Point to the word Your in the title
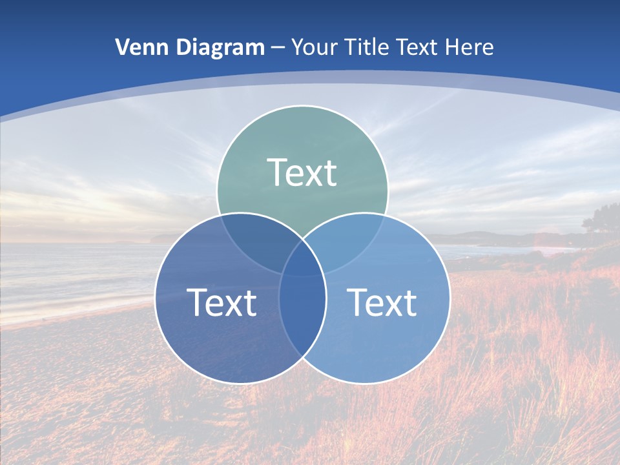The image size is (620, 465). pos(314,47)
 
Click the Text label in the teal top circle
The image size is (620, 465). pos(302,173)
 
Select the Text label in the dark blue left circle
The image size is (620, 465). pos(222,302)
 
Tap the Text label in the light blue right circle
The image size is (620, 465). pos(382,302)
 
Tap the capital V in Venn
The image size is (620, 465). pos(123,47)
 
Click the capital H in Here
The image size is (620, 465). pos(455,47)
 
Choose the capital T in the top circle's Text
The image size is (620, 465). pos(276,172)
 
